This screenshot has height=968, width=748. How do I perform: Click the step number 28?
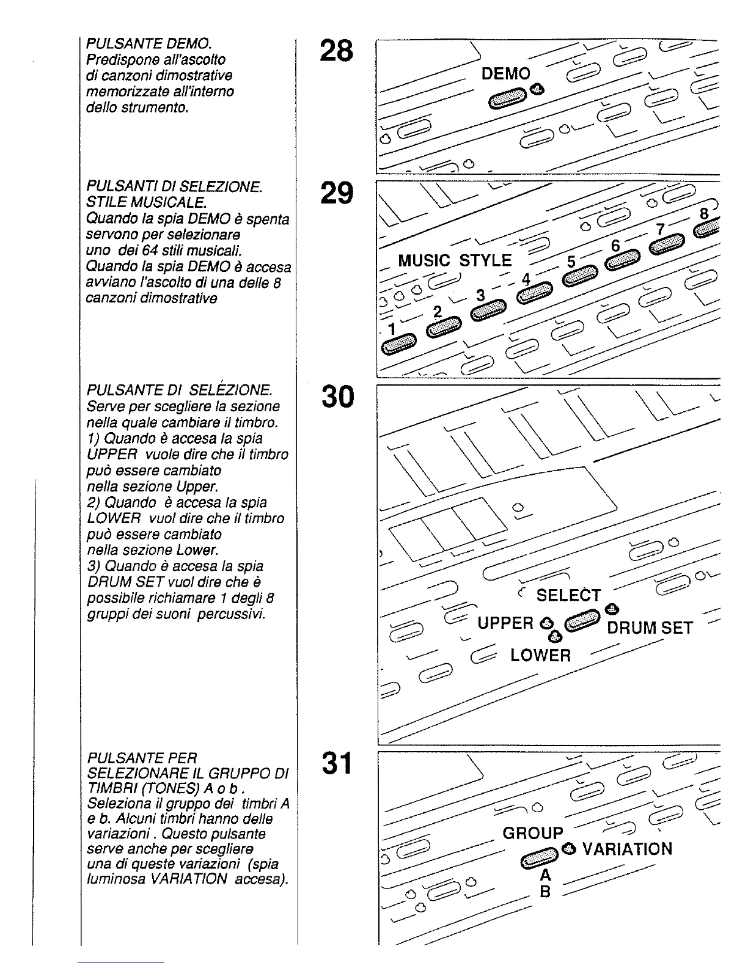pyautogui.click(x=336, y=51)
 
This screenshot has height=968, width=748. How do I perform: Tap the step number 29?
pyautogui.click(x=336, y=193)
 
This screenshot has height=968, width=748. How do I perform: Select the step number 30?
pyautogui.click(x=336, y=397)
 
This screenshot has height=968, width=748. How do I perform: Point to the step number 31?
pyautogui.click(x=336, y=763)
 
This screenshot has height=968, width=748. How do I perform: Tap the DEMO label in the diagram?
pyautogui.click(x=506, y=74)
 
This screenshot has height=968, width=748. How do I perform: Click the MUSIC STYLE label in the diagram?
pyautogui.click(x=455, y=260)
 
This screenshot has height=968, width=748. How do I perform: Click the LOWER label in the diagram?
pyautogui.click(x=540, y=656)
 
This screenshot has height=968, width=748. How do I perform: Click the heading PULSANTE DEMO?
pyautogui.click(x=148, y=43)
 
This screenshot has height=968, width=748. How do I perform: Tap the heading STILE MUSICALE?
pyautogui.click(x=145, y=202)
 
